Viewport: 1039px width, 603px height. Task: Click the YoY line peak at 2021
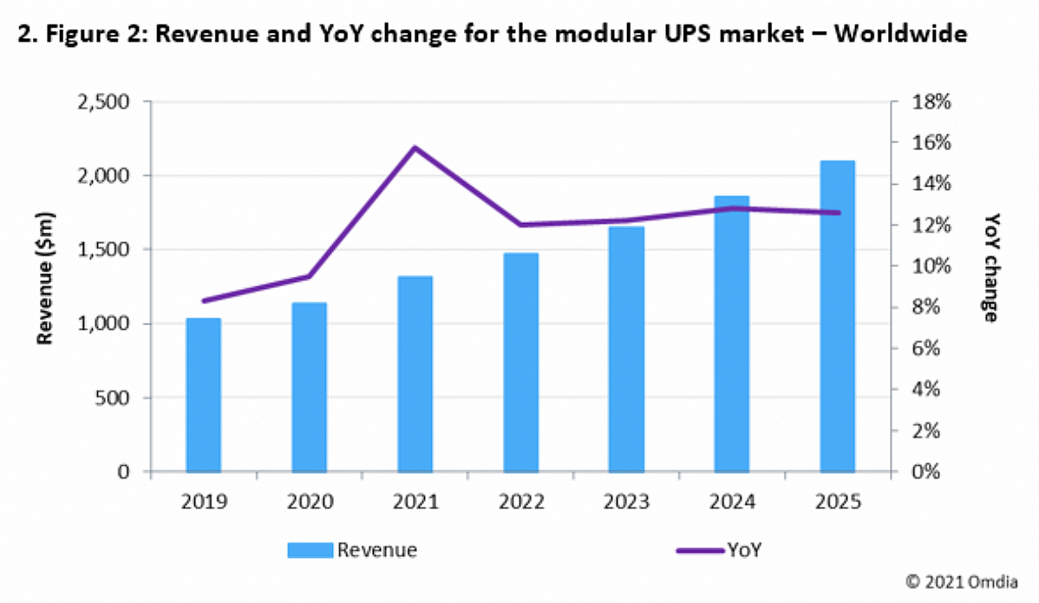415,147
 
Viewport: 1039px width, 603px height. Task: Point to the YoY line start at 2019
203,301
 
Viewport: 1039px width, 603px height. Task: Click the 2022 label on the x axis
520,501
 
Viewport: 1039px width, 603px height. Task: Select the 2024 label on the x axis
732,501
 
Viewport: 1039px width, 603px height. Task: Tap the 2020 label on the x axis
309,501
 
